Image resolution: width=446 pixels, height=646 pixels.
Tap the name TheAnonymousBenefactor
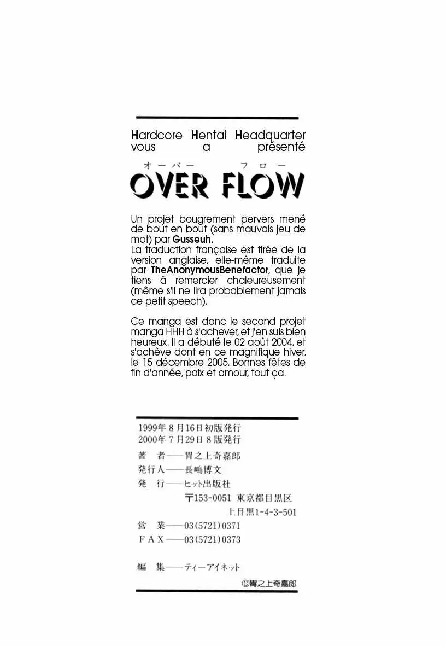click(210, 270)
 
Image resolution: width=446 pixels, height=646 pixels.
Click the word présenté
click(281, 147)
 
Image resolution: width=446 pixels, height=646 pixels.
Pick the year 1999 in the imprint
click(149, 428)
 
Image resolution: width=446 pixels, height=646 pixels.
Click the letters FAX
click(151, 539)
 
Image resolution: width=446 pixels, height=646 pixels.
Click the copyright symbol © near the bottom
click(244, 583)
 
